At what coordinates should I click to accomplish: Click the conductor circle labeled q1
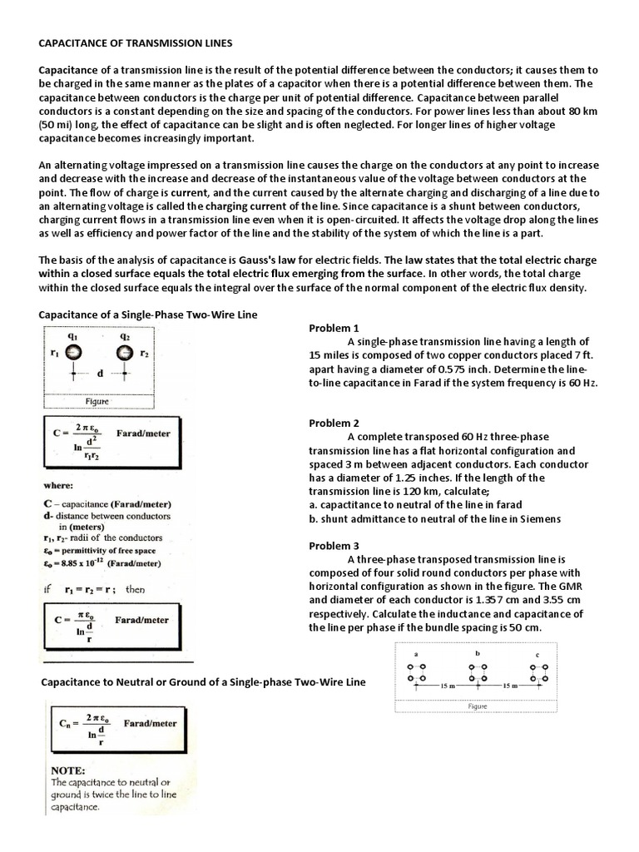(74, 353)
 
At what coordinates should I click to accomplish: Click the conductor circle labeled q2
(126, 353)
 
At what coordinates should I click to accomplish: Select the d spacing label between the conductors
(100, 374)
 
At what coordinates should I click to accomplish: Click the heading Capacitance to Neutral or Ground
(203, 682)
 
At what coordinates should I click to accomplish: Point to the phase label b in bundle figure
(478, 654)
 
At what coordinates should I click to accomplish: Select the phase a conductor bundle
(415, 673)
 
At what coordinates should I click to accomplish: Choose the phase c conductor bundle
(540, 673)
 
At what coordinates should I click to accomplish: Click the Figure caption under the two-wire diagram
(98, 400)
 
